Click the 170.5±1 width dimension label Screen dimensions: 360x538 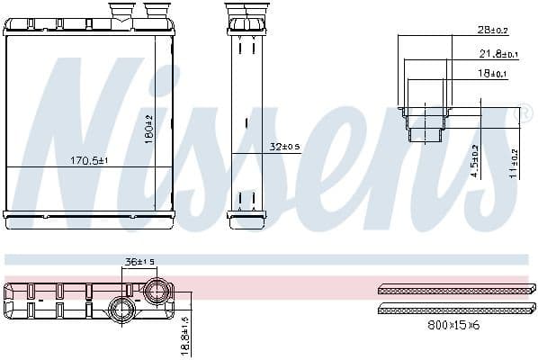pyautogui.click(x=88, y=161)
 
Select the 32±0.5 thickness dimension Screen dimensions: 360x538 pyautogui.click(x=285, y=147)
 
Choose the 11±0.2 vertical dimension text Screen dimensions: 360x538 pyautogui.click(x=514, y=165)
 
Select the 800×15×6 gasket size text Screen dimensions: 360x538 pyautogui.click(x=452, y=324)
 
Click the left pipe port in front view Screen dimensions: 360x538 pyautogui.click(x=120, y=13)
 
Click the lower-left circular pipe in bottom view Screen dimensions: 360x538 pyautogui.click(x=121, y=310)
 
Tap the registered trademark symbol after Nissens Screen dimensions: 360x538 pyautogui.click(x=516, y=115)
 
